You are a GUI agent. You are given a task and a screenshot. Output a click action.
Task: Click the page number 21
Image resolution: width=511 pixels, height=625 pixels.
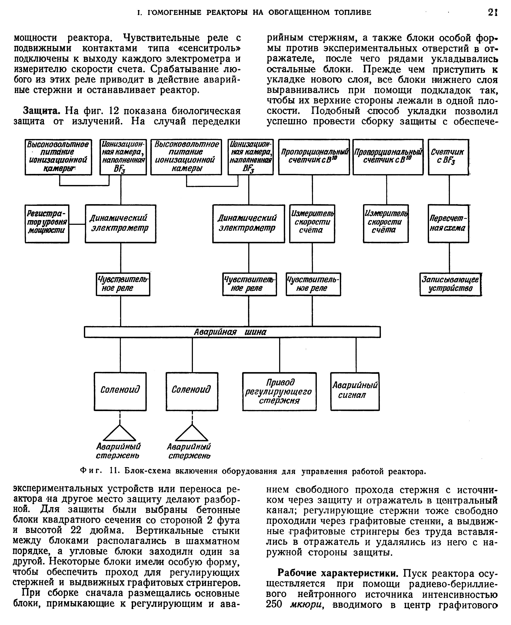492,12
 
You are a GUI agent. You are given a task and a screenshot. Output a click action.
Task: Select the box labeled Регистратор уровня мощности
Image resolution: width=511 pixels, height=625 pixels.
47,224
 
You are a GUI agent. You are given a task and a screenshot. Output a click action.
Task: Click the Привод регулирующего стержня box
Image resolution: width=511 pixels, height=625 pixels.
279,391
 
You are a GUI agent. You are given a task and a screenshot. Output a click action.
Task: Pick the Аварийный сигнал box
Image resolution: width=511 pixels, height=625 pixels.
355,391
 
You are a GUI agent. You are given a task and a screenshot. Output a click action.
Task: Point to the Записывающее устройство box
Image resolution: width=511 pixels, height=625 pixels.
450,284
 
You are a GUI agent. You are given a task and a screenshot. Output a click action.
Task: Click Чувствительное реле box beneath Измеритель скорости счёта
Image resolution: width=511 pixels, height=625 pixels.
313,284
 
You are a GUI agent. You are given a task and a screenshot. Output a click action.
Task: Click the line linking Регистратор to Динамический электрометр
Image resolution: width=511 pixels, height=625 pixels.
77,224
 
